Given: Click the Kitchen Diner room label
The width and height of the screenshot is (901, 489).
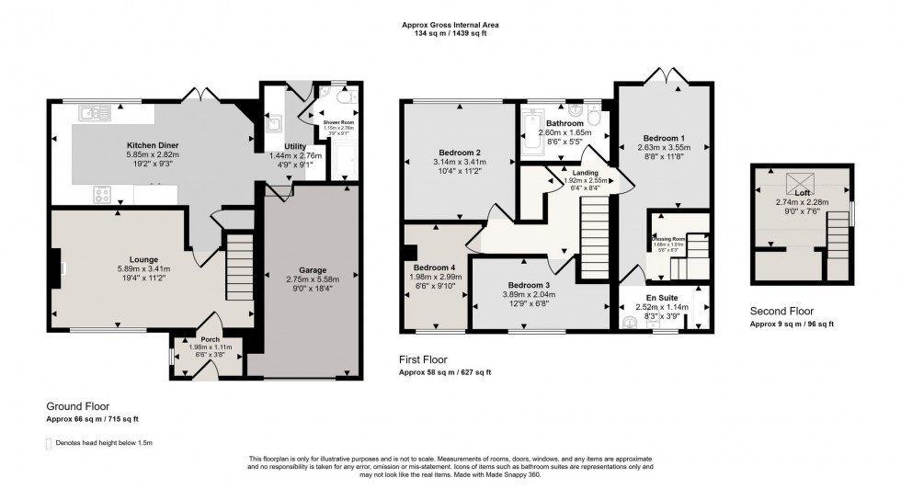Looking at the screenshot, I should click(x=153, y=145).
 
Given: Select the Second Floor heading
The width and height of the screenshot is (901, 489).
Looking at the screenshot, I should click(x=781, y=312).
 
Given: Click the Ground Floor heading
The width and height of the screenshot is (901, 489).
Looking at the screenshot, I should click(x=78, y=405).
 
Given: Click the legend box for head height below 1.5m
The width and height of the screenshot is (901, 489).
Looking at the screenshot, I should click(x=49, y=444).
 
